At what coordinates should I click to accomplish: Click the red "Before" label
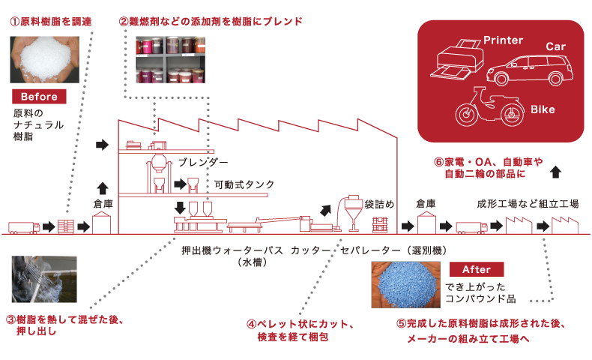39,97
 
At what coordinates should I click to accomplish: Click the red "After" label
477,269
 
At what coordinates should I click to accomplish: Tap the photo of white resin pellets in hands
39,58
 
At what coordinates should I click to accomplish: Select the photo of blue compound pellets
405,285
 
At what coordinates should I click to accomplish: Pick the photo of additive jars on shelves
170,60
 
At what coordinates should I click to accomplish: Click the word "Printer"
503,40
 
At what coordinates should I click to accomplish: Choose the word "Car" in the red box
555,47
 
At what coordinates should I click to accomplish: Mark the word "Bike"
543,110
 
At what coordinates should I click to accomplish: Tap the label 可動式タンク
244,184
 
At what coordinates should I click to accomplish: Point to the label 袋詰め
380,203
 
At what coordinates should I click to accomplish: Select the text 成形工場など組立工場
528,203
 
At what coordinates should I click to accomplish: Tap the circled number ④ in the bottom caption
252,325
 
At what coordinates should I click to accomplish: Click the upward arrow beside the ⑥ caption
555,172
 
